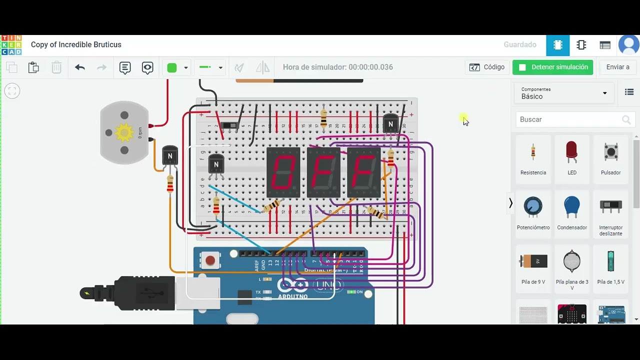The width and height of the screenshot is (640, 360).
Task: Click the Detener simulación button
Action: [x=552, y=67]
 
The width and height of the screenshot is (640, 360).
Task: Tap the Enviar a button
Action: [x=617, y=67]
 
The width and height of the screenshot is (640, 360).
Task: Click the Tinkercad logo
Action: [x=11, y=45]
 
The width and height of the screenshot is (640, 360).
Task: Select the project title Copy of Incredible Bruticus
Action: [x=76, y=44]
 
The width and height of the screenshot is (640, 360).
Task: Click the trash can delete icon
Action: [x=56, y=67]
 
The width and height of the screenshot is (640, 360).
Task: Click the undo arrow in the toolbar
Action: [x=80, y=67]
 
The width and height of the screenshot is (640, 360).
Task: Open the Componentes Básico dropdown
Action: [x=564, y=93]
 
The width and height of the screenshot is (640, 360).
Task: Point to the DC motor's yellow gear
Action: [x=123, y=132]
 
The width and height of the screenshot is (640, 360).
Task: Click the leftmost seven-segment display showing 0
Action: [x=283, y=172]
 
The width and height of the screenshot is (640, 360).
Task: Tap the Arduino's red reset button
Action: [x=210, y=260]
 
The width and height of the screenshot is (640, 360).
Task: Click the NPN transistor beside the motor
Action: [x=170, y=155]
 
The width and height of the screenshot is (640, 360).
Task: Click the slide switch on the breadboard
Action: [x=229, y=125]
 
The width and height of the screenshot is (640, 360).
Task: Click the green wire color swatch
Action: [x=172, y=67]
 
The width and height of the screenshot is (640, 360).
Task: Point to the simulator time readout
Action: [x=338, y=67]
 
